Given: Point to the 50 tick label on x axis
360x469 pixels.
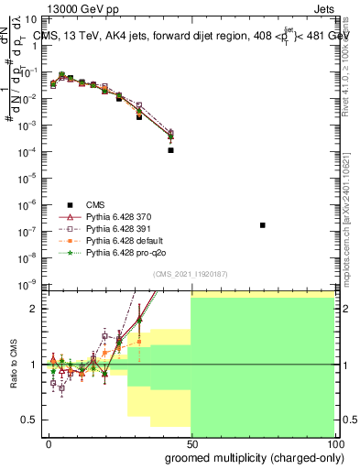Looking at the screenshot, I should [191, 444].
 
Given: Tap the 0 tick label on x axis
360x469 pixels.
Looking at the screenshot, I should [49, 444].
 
